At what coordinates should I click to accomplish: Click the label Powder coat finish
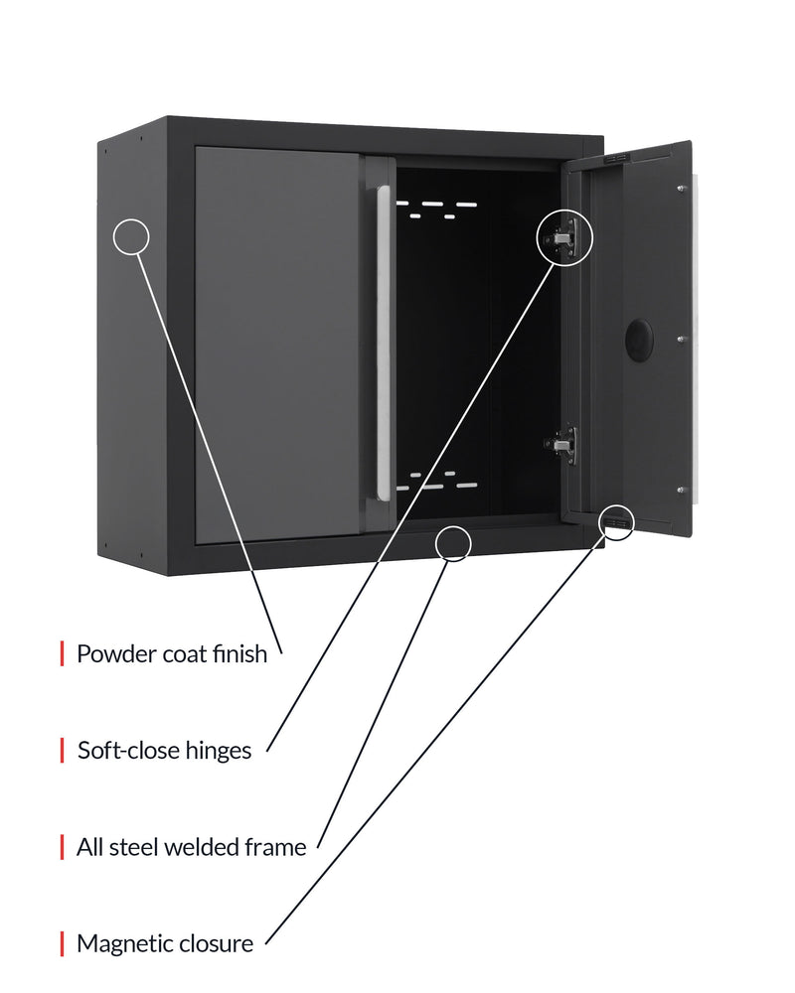tap(172, 654)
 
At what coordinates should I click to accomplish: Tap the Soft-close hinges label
tap(165, 751)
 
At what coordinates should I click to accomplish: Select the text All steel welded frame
tap(192, 847)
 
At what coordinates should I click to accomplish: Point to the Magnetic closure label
tap(165, 943)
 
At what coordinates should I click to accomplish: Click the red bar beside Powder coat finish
tap(63, 653)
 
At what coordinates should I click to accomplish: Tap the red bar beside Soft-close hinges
tap(63, 751)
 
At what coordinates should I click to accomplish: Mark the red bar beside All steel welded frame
tap(63, 847)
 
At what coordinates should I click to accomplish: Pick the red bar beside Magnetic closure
tap(63, 943)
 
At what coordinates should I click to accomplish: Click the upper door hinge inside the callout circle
tap(562, 237)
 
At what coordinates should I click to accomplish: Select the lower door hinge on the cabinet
tap(561, 445)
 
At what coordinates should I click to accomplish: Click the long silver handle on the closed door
tap(383, 344)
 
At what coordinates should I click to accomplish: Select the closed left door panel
tap(277, 345)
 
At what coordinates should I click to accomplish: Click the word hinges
tap(219, 751)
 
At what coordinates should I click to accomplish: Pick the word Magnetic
tap(117, 943)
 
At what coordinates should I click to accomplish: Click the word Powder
tap(116, 654)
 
